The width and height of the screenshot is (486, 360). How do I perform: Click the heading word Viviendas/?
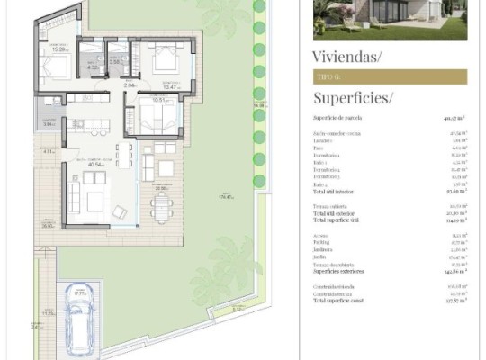pyautogui.click(x=346, y=58)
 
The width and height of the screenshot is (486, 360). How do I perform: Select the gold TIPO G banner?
pyautogui.click(x=390, y=77)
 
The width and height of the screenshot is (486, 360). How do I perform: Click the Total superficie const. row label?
pyautogui.click(x=344, y=300)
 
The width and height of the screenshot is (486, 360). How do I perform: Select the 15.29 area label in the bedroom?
pyautogui.click(x=58, y=49)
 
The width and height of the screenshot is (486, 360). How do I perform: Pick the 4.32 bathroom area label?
pyautogui.click(x=93, y=67)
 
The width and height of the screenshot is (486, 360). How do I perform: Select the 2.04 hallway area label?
pyautogui.click(x=129, y=85)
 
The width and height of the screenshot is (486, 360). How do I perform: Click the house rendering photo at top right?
pyautogui.click(x=390, y=20)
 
